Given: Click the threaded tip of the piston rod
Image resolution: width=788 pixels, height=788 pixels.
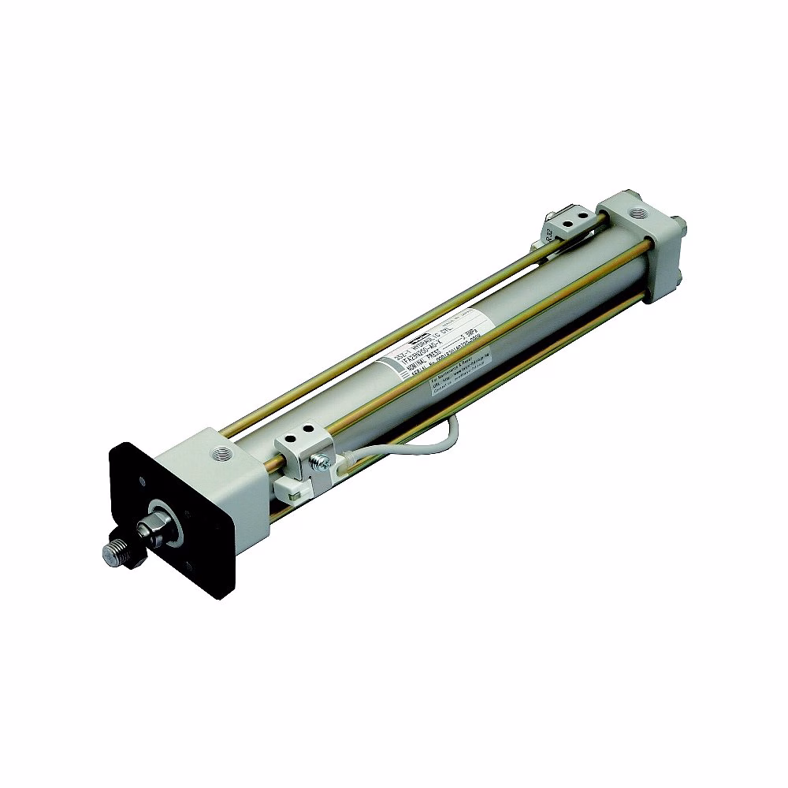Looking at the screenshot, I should point(115,552).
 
